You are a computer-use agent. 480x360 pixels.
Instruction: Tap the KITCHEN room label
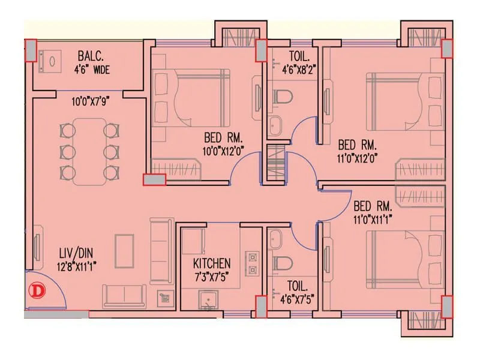211,263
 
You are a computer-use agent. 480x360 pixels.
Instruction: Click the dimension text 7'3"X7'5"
211,276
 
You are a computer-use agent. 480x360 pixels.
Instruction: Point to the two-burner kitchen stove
253,264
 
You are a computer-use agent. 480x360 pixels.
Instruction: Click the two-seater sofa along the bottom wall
124,295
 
